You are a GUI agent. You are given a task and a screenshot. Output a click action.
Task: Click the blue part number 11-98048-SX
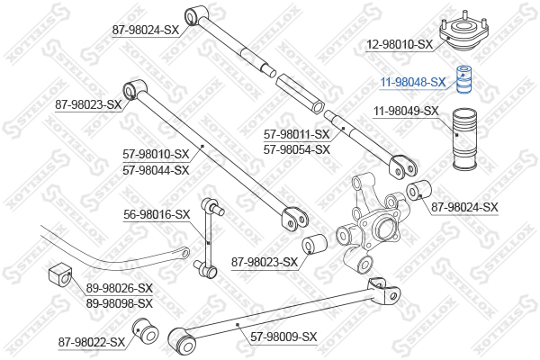tap(412, 82)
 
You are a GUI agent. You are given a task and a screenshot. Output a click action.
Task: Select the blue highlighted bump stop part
tap(463, 79)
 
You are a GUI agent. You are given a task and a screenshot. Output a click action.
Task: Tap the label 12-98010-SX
tap(399, 44)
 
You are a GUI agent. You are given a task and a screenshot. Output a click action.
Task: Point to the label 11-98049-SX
tap(407, 111)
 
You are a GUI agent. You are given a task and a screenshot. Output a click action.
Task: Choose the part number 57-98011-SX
tap(296, 134)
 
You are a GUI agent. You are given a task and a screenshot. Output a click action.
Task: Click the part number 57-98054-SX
tap(296, 150)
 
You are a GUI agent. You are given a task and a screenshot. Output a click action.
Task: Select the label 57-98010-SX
tap(156, 154)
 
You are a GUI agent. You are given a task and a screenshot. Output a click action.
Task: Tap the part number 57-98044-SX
tap(156, 170)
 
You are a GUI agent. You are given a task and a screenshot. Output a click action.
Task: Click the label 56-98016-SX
tap(157, 214)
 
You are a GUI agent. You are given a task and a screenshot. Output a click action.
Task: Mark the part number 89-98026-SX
tap(119, 288)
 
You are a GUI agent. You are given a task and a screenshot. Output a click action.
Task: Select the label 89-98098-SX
tap(119, 303)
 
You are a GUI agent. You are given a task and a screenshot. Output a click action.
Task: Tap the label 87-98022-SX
tap(91, 342)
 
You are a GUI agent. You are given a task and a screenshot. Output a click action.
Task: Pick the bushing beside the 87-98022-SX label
tap(145, 330)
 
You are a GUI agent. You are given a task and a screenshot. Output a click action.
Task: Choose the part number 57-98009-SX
tap(283, 337)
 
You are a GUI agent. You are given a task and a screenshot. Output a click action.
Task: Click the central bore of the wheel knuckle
tap(386, 229)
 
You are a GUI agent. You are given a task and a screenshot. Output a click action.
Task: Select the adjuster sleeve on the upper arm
tap(300, 93)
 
